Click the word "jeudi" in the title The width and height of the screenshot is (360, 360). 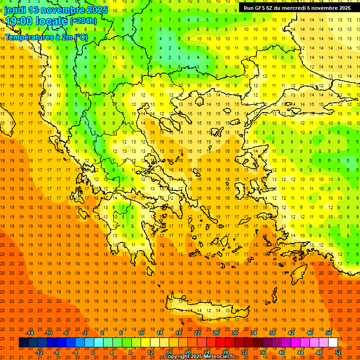pyautogui.click(x=15, y=10)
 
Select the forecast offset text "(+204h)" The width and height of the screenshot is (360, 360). pyautogui.click(x=83, y=21)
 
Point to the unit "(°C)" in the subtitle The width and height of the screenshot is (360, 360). pyautogui.click(x=80, y=37)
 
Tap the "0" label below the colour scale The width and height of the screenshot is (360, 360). pyautogui.click(x=92, y=352)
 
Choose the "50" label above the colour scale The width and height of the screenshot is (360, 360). pyautogui.click(x=328, y=333)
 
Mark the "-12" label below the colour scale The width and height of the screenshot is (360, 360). pyautogui.click(x=39, y=352)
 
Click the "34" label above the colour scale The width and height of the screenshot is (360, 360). pyautogui.click(x=253, y=333)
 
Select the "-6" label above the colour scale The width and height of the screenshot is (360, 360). pyautogui.click(x=66, y=333)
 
